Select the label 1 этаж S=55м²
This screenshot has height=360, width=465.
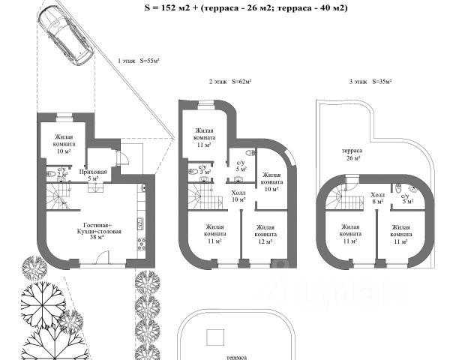139,61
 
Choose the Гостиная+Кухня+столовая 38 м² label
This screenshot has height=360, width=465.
96,232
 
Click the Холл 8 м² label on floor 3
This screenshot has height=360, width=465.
379,197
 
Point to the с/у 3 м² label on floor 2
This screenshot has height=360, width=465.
202,169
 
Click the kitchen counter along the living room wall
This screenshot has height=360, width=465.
139,225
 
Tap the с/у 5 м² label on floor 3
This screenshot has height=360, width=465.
406,197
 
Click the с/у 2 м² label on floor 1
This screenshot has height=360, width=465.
61,173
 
